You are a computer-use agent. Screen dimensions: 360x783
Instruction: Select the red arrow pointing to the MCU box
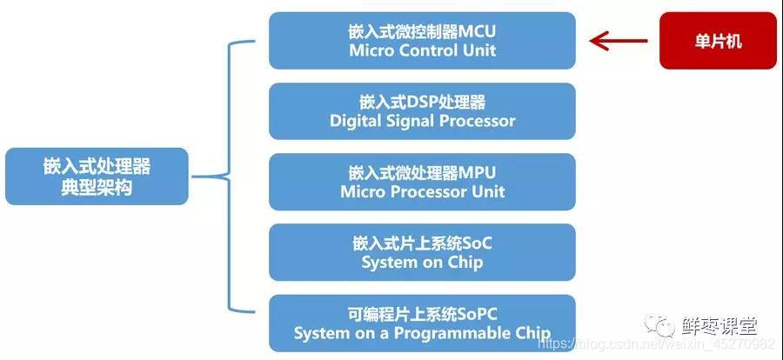tap(619, 41)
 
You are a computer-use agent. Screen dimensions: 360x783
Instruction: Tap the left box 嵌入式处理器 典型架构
tap(97, 177)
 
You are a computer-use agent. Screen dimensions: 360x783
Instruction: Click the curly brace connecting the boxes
tap(228, 177)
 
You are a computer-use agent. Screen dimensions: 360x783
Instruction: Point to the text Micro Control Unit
tap(422, 50)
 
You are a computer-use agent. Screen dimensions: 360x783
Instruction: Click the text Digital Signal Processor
tap(422, 121)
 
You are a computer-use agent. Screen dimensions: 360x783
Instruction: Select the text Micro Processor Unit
tap(422, 191)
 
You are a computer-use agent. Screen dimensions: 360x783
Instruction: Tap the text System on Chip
tap(422, 262)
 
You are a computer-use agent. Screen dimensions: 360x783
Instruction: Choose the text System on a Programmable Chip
tap(422, 333)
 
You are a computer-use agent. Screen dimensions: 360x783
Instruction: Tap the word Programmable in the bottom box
tap(466, 333)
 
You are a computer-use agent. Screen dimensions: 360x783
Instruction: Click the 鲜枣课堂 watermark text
tap(719, 327)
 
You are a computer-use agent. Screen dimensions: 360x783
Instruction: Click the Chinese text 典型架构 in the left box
tap(97, 187)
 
